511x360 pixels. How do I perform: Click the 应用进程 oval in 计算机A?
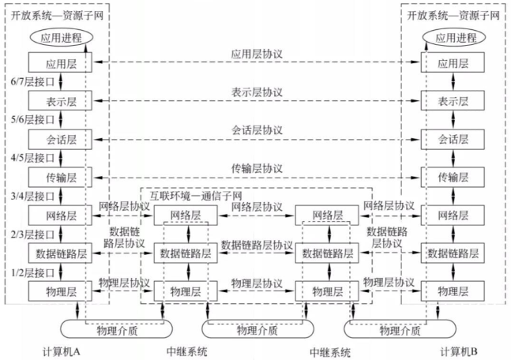pos(60,38)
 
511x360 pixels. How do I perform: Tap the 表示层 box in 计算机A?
pos(60,100)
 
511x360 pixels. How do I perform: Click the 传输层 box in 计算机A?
pos(60,177)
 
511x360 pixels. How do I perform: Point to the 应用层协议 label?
pos(257,55)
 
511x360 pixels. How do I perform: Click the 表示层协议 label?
pos(257,93)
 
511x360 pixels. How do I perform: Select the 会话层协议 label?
pos(257,130)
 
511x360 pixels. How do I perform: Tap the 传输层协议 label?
pos(257,168)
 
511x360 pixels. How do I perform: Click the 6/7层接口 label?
pos(28,81)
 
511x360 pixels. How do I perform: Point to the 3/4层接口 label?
pos(28,196)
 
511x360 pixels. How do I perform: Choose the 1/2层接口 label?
pos(28,272)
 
